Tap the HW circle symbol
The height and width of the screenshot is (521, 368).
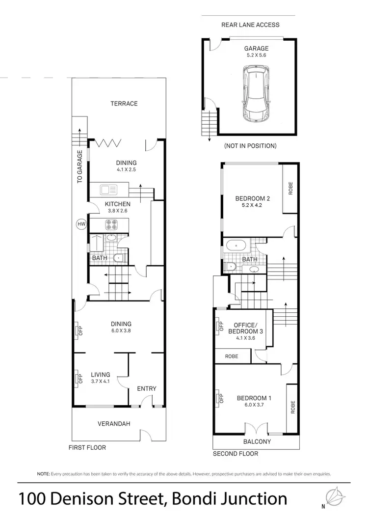(81, 224)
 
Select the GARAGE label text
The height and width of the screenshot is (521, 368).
(257, 49)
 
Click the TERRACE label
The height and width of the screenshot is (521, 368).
(124, 104)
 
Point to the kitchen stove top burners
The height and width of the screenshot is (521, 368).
(110, 225)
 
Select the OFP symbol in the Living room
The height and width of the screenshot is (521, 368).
(78, 379)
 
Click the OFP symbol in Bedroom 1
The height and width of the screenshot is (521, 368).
(218, 398)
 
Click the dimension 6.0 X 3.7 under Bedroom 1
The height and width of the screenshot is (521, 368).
(253, 406)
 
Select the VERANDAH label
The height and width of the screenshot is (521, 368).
(113, 424)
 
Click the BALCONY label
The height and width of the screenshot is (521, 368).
(257, 441)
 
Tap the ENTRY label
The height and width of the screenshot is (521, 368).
(147, 388)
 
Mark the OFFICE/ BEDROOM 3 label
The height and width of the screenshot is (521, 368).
(245, 328)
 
